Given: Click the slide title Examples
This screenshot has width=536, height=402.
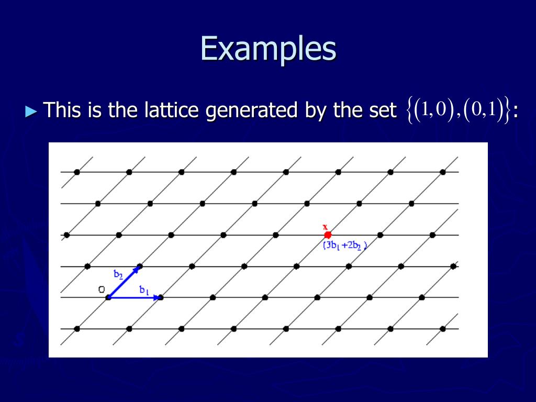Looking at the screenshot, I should pos(268,50).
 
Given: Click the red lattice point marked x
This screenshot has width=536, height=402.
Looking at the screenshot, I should pos(328,235).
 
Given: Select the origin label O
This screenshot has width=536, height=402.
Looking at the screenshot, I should pos(102,289).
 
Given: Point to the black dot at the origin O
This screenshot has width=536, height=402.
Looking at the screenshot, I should pos(108,297).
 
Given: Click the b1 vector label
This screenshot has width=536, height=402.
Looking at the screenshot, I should pos(144,289).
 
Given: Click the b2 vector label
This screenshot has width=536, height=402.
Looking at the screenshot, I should pos(118,274).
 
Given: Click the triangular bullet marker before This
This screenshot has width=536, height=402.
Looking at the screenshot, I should pos(32,111).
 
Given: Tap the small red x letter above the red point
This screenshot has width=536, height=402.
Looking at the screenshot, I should pos(325,227).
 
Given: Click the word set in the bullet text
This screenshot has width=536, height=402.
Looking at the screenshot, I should pos(384,110).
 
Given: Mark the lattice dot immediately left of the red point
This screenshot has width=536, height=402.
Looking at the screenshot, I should pos(275,235).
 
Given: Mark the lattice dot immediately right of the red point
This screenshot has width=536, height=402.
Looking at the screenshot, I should pos(380,235).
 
